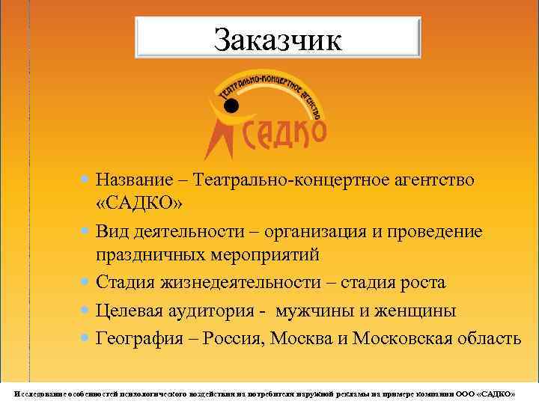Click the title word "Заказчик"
(x=277, y=40)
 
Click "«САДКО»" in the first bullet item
(x=139, y=203)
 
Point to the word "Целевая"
(x=130, y=310)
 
